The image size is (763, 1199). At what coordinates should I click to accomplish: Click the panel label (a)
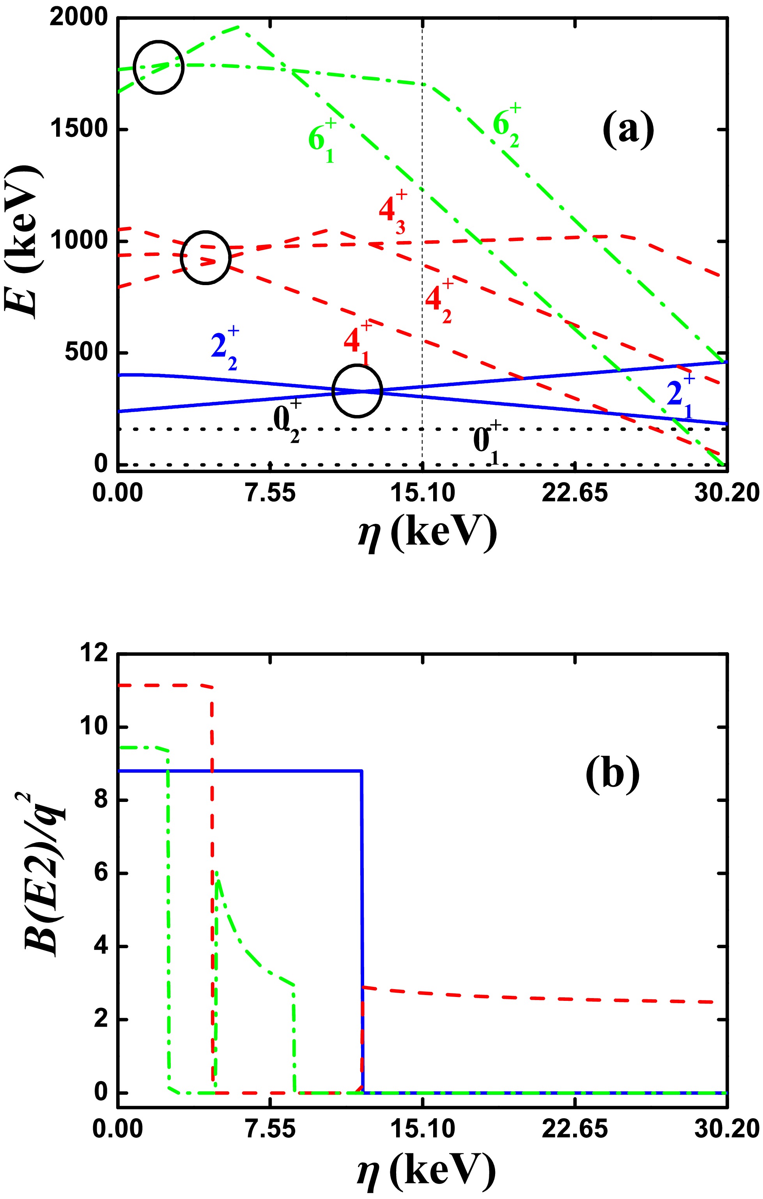click(x=628, y=130)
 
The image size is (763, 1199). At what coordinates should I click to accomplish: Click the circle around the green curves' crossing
click(x=159, y=67)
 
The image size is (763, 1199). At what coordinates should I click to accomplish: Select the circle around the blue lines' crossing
click(x=357, y=391)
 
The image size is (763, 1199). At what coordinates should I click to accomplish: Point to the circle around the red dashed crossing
click(x=205, y=258)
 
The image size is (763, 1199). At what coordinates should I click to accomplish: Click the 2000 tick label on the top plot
click(x=72, y=18)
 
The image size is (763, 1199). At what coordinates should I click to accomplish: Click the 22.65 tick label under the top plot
click(x=574, y=493)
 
